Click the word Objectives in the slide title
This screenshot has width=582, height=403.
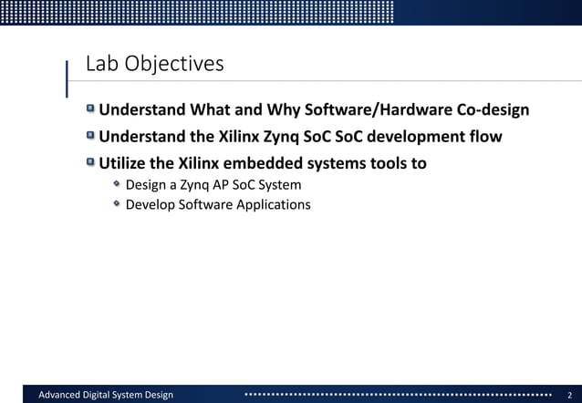tap(173, 65)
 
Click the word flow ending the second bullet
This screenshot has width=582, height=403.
tap(484, 138)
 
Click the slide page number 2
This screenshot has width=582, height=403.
tap(569, 394)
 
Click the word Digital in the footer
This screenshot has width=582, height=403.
tap(110, 394)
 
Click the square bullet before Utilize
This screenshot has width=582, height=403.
tap(90, 163)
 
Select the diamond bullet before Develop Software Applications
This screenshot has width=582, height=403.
tap(117, 203)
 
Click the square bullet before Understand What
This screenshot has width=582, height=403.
tap(90, 110)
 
